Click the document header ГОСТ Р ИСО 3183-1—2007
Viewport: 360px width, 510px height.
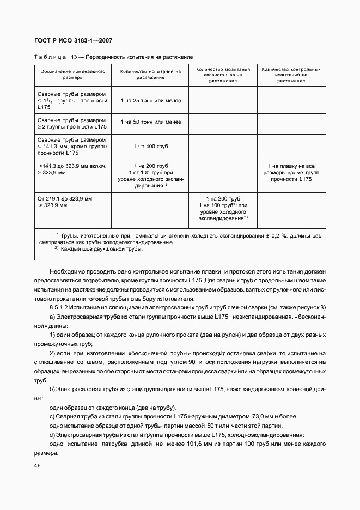click(74, 41)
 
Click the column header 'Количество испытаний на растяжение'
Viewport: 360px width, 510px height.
click(150, 75)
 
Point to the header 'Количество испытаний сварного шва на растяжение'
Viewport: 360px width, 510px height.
click(223, 75)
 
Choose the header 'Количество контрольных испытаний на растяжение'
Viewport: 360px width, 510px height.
click(291, 75)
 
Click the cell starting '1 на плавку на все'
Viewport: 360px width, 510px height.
click(291, 166)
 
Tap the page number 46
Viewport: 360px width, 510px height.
click(38, 466)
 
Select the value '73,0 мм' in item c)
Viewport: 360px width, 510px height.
click(264, 416)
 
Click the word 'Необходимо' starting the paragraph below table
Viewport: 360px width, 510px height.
click(68, 271)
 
